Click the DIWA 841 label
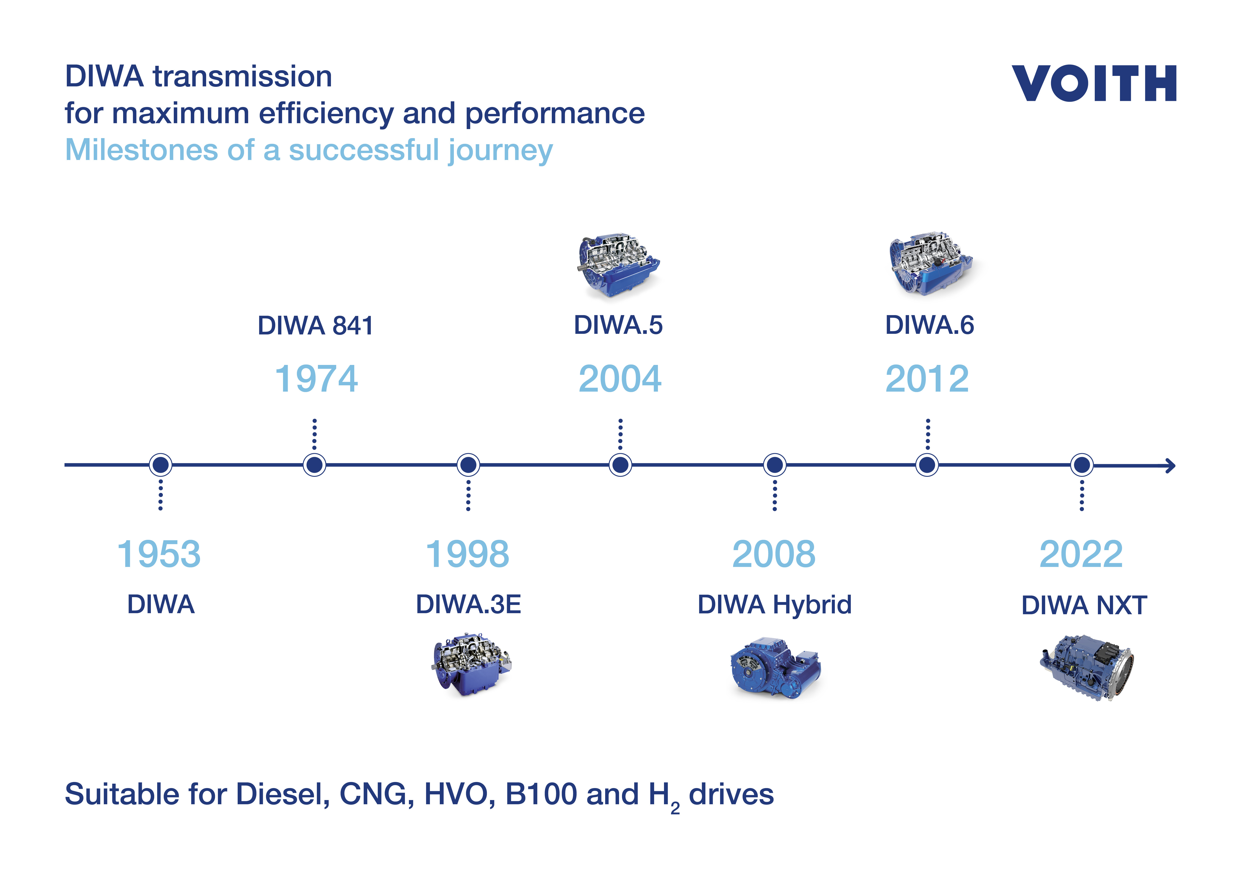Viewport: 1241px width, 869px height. [x=315, y=326]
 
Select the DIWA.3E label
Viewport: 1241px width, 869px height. [x=468, y=604]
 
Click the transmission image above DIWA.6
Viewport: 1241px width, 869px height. [x=931, y=264]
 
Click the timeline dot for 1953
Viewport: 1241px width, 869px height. [x=161, y=465]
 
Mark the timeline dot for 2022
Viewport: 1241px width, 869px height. [x=1082, y=465]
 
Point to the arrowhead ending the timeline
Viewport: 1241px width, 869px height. [x=1171, y=465]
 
